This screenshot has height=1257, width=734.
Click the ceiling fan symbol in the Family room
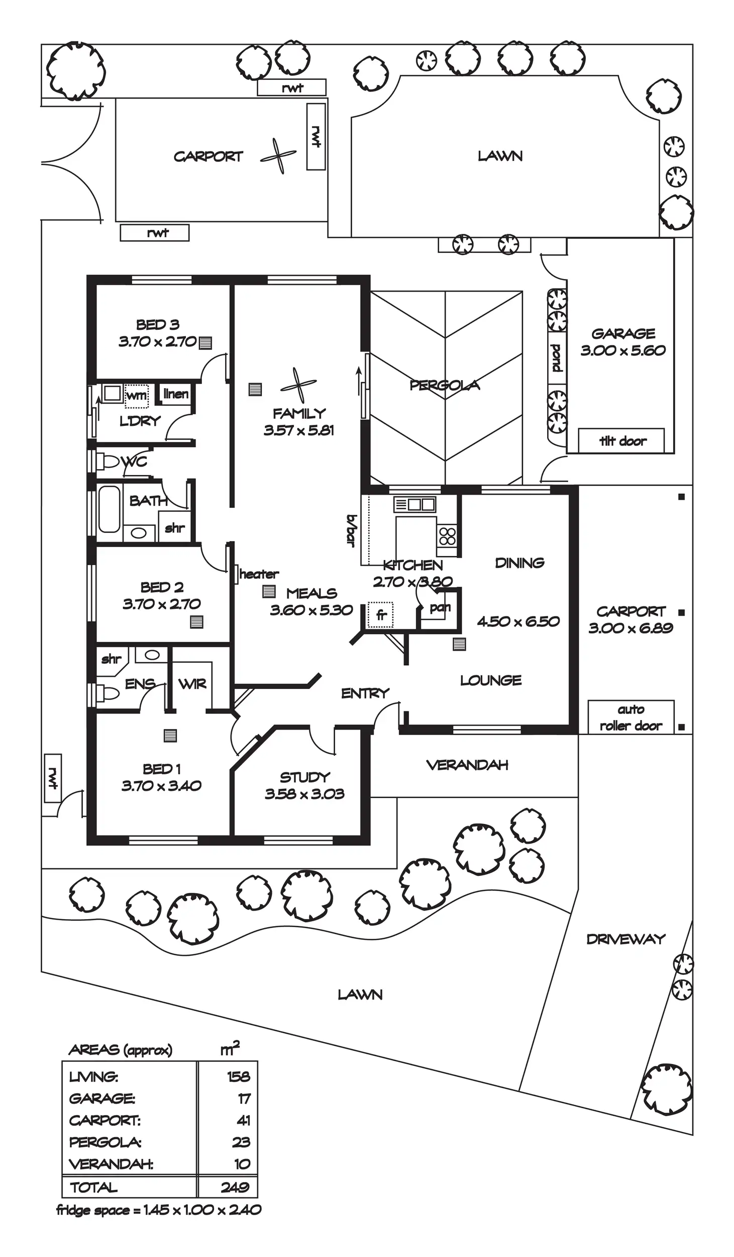(298, 385)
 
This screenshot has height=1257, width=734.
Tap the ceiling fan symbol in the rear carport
(278, 156)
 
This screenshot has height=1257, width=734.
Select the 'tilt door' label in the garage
(622, 441)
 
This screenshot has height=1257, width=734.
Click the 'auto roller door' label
(631, 717)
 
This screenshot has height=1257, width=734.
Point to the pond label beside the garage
(556, 358)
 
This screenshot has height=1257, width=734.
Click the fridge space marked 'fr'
(381, 614)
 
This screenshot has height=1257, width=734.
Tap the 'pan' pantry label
(440, 607)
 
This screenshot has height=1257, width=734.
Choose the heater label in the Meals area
(259, 574)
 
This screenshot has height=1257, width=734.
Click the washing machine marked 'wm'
(136, 395)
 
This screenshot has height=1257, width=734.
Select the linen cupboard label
(176, 393)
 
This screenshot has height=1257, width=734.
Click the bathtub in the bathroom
(109, 509)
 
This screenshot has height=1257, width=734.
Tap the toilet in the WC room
(109, 461)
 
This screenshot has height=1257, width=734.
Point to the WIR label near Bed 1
(192, 683)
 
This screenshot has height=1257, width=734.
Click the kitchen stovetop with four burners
(447, 536)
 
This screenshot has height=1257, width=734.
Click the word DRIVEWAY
(625, 939)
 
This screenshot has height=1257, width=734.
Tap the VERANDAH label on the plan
(467, 765)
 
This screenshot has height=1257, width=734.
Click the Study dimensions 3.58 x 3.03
(304, 793)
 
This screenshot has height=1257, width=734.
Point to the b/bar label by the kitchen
(351, 530)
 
